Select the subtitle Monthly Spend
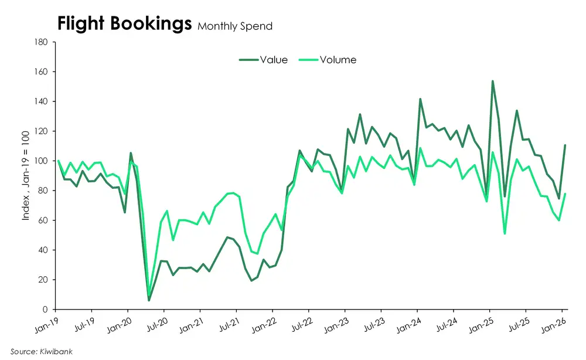(x=234, y=26)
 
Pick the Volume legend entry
(x=338, y=59)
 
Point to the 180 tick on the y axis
(x=40, y=42)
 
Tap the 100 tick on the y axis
(x=40, y=161)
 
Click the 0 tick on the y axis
(x=45, y=309)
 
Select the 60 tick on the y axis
(x=43, y=220)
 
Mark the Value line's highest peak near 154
(x=493, y=81)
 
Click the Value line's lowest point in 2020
(x=149, y=300)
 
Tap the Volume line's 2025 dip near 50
(x=505, y=234)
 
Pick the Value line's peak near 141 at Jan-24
(x=420, y=99)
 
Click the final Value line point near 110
(x=565, y=145)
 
